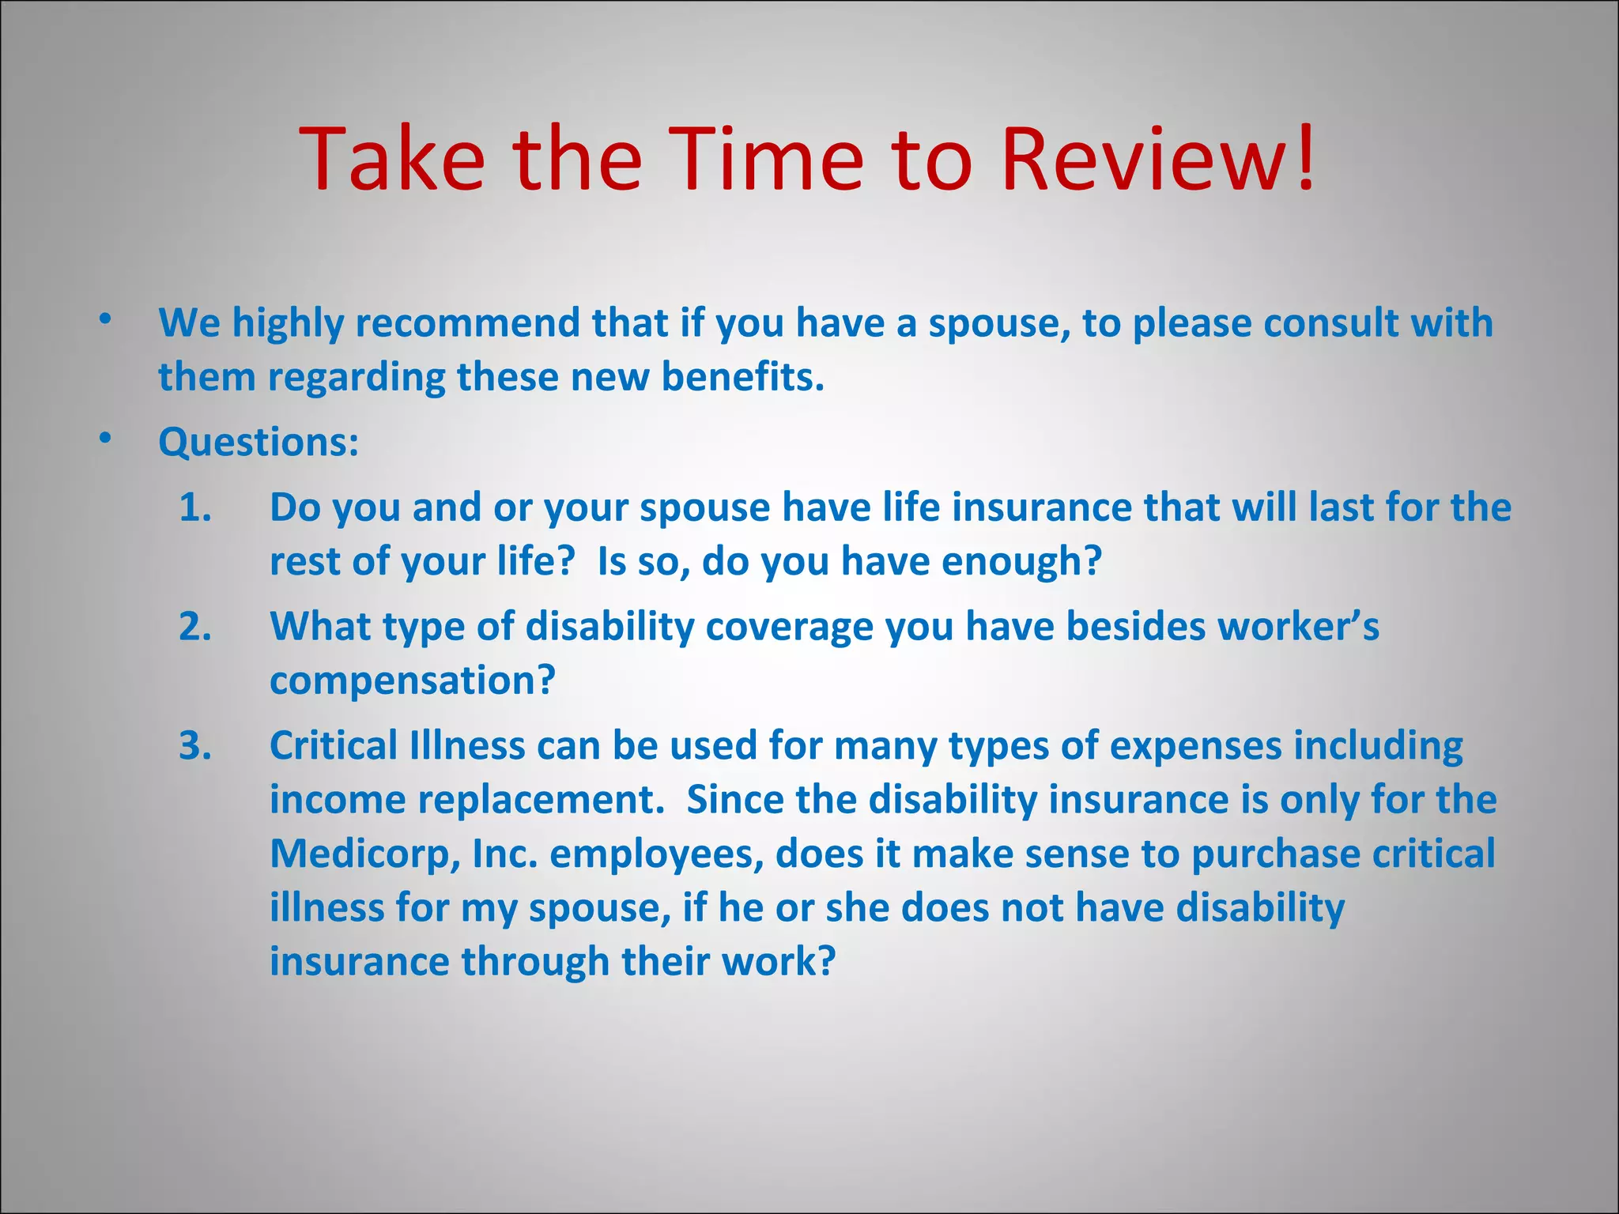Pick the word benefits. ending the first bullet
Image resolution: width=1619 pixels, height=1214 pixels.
click(x=742, y=377)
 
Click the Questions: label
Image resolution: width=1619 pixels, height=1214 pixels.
click(x=259, y=442)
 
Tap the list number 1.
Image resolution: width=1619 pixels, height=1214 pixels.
click(x=194, y=507)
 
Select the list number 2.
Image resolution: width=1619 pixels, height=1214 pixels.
click(x=194, y=627)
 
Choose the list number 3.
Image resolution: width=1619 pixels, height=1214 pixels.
click(x=194, y=746)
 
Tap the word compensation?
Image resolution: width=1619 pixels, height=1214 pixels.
click(x=413, y=681)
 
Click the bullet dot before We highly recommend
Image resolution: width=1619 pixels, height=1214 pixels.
click(x=105, y=319)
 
